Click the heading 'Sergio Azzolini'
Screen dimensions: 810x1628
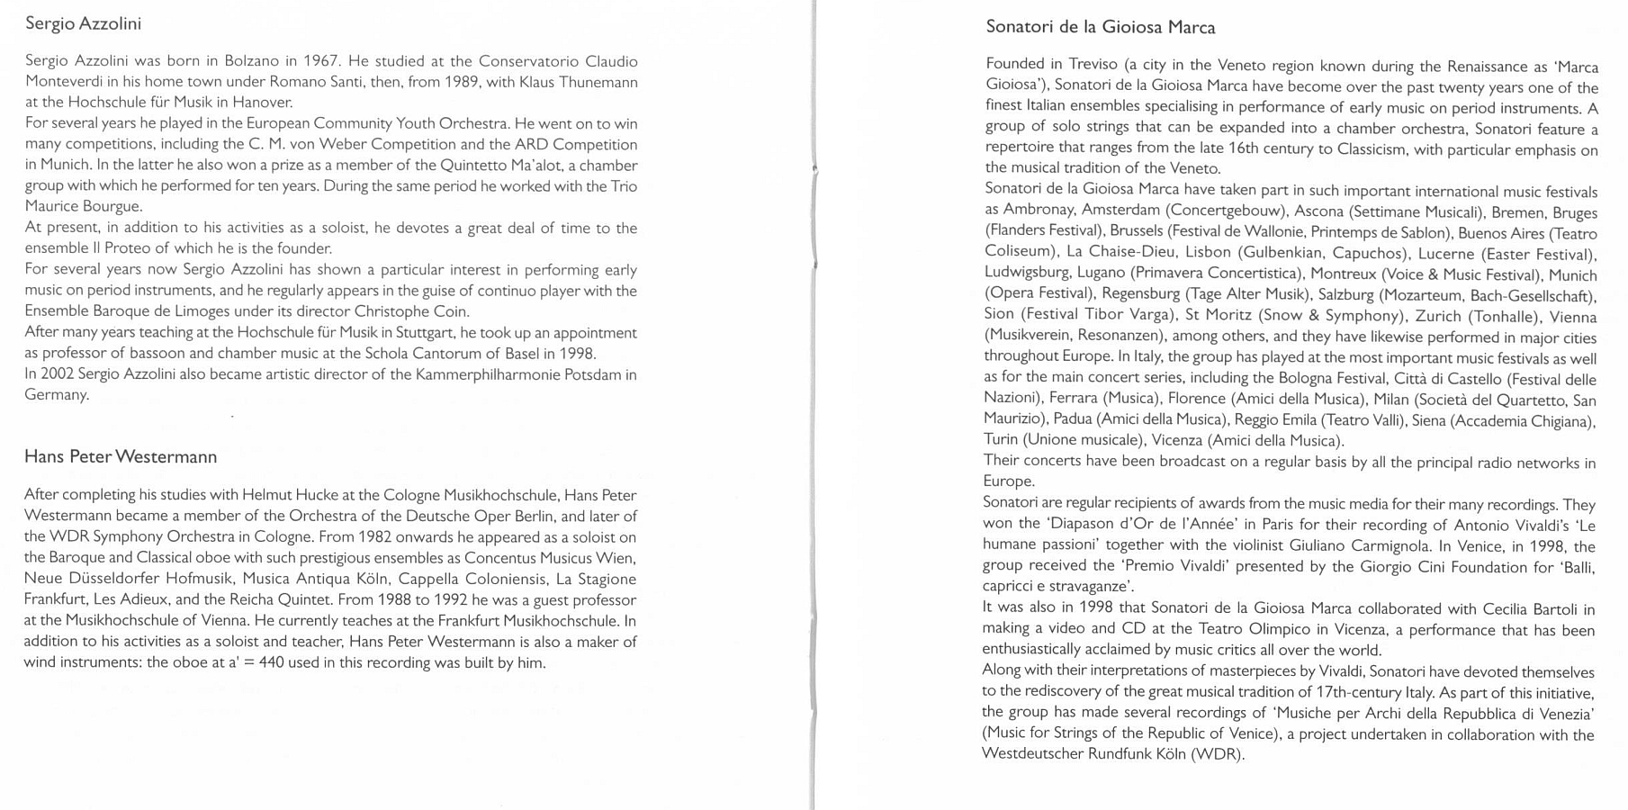pos(83,24)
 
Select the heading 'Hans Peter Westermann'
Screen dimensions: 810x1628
pos(121,457)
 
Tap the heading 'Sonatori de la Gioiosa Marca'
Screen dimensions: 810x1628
pos(1100,28)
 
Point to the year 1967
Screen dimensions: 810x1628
pos(319,62)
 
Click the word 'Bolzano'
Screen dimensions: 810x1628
pos(251,62)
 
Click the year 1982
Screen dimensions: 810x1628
pos(374,537)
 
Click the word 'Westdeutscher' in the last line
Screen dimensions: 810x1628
pos(1032,754)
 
